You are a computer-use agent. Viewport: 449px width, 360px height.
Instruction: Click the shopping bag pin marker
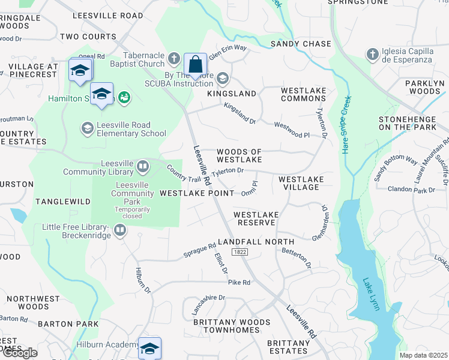[195, 64]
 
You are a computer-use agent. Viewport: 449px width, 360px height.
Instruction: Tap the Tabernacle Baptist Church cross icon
[174, 59]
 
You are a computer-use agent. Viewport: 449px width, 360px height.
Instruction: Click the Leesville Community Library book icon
[143, 166]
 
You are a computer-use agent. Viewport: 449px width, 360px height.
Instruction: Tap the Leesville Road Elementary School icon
[87, 128]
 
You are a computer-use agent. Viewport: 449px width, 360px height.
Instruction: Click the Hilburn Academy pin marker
[149, 349]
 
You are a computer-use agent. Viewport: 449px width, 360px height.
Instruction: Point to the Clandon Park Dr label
[411, 190]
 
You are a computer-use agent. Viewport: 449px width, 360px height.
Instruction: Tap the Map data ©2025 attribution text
[423, 355]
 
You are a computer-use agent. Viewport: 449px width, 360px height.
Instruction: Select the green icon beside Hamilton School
[124, 97]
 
